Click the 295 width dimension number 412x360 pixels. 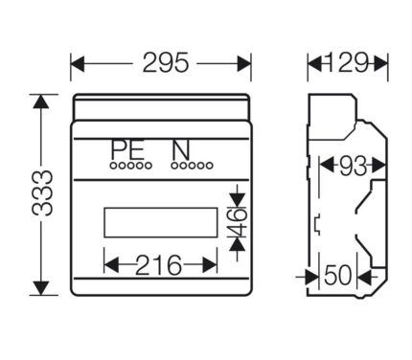click(166, 62)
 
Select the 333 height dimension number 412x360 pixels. click(42, 193)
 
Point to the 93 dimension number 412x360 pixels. click(353, 166)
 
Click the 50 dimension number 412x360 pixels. click(338, 275)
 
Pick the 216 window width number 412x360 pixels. click(158, 265)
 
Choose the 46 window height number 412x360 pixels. click(238, 222)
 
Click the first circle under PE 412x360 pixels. click(114, 166)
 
